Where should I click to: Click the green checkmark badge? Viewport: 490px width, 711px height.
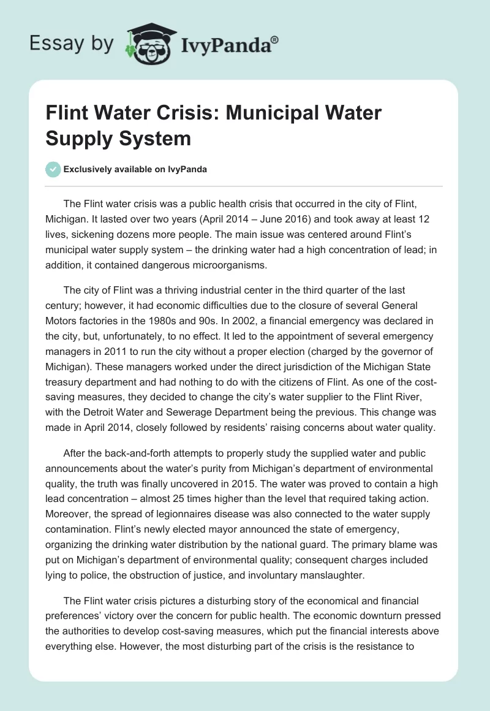(53, 169)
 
